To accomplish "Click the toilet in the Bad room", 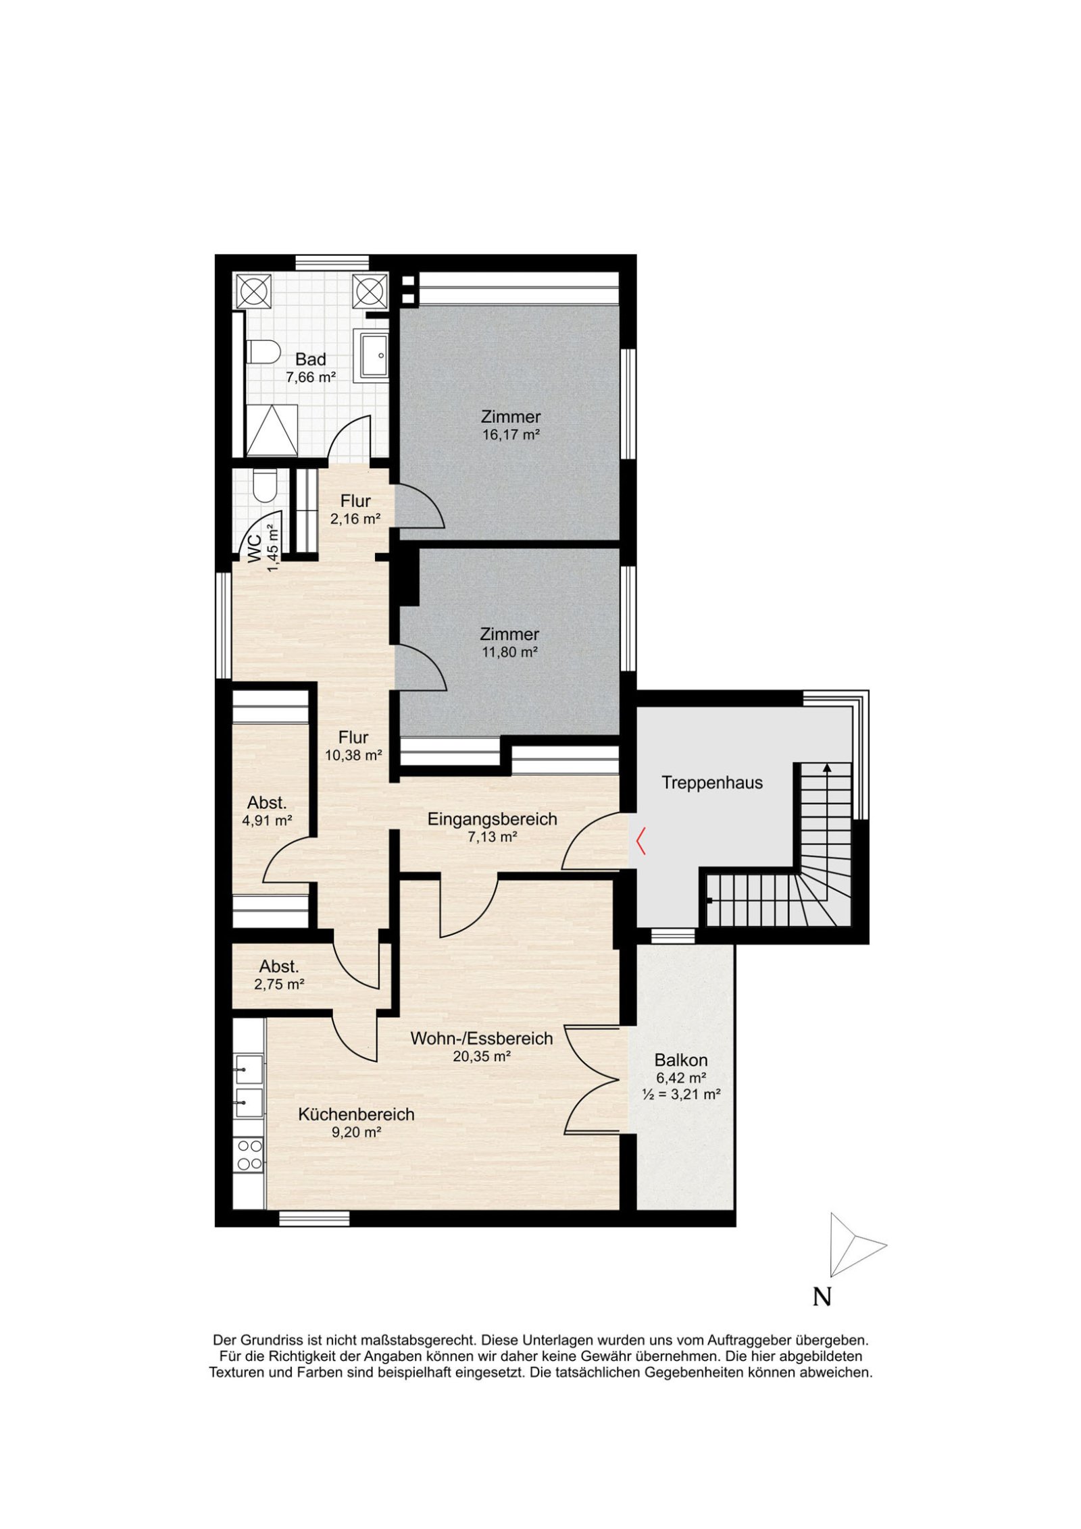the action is click(263, 353).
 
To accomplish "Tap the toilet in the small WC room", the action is click(262, 485).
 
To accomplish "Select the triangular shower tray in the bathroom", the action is click(272, 431).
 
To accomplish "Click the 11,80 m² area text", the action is click(509, 652).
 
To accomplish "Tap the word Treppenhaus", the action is click(712, 783).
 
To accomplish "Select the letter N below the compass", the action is click(822, 1297).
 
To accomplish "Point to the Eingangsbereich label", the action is click(492, 819).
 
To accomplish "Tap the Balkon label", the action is click(681, 1060).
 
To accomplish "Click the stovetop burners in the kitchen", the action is click(249, 1154).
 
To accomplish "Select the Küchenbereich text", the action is click(356, 1114).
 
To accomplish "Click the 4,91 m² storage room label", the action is click(267, 821).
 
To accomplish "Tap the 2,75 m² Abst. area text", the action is click(279, 985).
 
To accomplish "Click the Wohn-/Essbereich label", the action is click(482, 1038).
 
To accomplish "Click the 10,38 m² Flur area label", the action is click(354, 755).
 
